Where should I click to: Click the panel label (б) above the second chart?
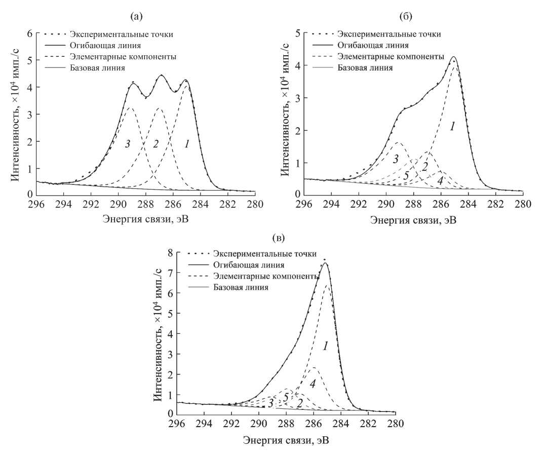(405, 17)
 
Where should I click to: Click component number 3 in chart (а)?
(128, 144)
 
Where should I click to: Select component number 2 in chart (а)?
(156, 144)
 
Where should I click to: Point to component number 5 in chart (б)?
(406, 175)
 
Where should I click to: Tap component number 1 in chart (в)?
(326, 346)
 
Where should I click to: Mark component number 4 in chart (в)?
(313, 384)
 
